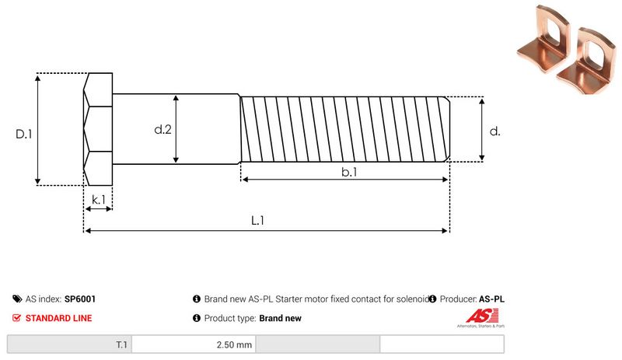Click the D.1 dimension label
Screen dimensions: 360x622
tap(24, 134)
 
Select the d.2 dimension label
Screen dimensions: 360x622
tap(162, 129)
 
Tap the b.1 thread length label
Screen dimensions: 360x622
tap(349, 173)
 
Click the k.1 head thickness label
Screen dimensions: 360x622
tap(98, 200)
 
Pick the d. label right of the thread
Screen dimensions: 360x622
tap(495, 131)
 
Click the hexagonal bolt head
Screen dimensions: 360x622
tap(98, 129)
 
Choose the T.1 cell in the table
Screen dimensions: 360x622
tap(122, 344)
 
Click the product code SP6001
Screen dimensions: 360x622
tap(80, 299)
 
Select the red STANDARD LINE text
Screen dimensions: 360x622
tap(58, 318)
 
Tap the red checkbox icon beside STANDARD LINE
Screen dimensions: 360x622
tap(17, 318)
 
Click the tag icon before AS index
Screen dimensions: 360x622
tap(17, 299)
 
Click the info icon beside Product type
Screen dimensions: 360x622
tap(197, 318)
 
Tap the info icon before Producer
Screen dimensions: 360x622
tap(432, 299)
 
